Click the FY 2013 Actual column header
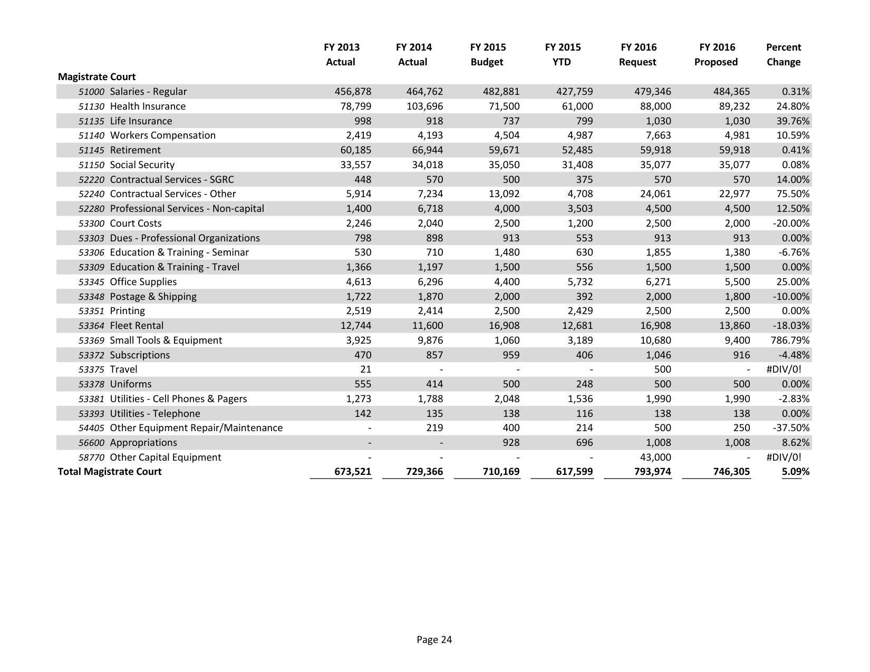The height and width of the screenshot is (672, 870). [341, 54]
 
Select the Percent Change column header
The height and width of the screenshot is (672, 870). [783, 54]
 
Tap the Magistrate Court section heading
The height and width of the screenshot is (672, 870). [96, 77]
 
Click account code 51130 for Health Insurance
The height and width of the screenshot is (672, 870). [91, 106]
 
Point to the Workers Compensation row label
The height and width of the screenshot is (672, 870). [162, 135]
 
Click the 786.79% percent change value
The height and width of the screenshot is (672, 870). [789, 340]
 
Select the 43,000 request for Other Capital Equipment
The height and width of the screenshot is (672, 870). [655, 457]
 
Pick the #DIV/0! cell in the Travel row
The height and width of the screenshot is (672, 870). [783, 369]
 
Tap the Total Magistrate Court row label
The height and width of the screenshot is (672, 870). [110, 472]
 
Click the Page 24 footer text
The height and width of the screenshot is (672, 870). [434, 640]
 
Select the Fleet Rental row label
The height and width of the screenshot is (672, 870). [137, 326]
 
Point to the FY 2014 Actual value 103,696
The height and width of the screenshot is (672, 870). [424, 106]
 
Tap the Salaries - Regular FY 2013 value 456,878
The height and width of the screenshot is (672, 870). [353, 92]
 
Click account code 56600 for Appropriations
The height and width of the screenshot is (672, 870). [91, 443]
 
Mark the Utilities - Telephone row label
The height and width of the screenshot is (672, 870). [155, 414]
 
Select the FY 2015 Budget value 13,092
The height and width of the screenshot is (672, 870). [501, 194]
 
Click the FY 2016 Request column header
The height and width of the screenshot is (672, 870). [638, 54]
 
